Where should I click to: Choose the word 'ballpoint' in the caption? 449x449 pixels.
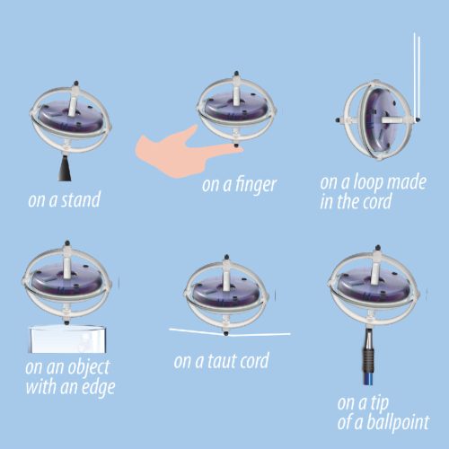click(396, 420)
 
